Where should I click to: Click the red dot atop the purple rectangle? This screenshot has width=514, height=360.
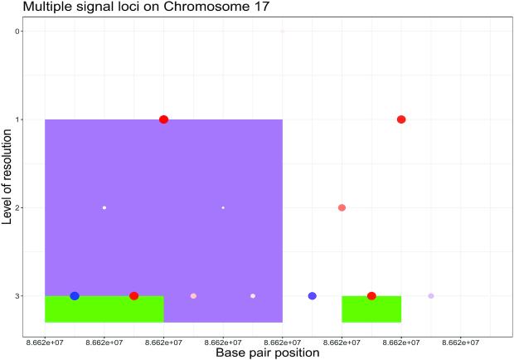[163, 119]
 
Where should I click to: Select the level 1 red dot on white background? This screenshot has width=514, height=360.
[401, 119]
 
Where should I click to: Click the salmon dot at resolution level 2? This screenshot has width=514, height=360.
[342, 207]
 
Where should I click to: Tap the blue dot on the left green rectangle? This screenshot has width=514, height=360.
[75, 296]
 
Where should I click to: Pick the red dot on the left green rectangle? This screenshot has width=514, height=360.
[133, 296]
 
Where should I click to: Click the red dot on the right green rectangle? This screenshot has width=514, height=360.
[371, 296]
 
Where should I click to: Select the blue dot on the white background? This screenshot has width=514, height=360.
[312, 296]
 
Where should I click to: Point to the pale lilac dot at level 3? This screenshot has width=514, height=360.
[431, 296]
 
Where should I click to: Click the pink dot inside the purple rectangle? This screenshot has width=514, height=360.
[193, 296]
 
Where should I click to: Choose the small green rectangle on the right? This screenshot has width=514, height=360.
[371, 312]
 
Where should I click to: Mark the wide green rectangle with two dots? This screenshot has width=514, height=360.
[104, 310]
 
